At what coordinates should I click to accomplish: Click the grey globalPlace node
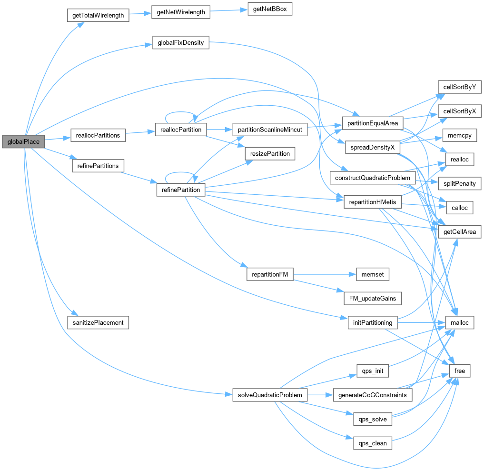click(23, 141)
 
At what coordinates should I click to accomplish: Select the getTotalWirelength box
click(98, 15)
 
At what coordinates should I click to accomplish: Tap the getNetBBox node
click(269, 10)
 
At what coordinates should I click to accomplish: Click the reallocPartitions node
click(98, 135)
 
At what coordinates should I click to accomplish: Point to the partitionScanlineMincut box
click(270, 130)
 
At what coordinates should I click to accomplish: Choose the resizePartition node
click(270, 153)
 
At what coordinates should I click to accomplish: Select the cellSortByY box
click(460, 87)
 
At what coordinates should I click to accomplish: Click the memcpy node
click(460, 135)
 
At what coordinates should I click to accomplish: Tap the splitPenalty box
click(460, 183)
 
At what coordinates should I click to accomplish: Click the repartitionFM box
click(270, 274)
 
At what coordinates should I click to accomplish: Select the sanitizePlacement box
click(98, 322)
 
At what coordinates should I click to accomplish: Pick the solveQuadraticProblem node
click(270, 395)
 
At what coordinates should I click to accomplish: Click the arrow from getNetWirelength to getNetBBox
click(228, 11)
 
